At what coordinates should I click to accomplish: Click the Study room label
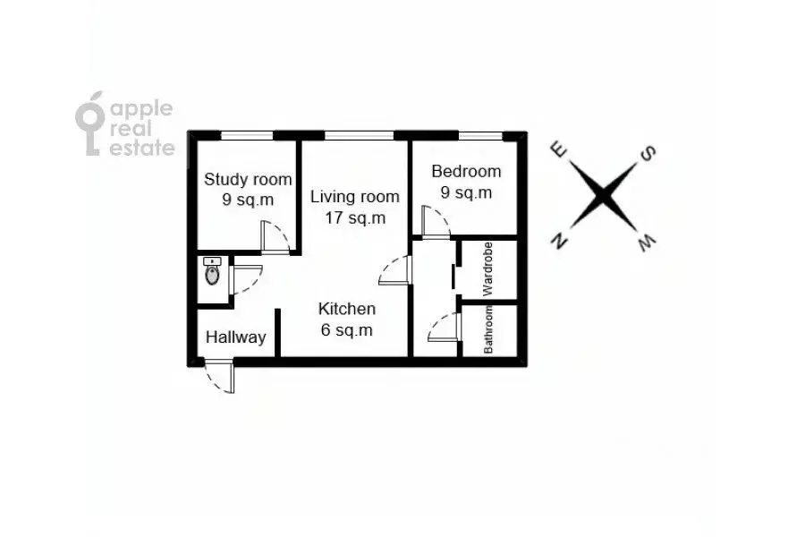[x=248, y=179]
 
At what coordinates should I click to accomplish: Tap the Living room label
[x=355, y=196]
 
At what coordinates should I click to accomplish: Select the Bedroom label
[x=466, y=171]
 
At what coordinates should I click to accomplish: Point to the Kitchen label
[x=347, y=309]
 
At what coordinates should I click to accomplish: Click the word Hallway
[x=235, y=337]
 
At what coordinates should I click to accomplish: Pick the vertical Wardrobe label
[x=487, y=269]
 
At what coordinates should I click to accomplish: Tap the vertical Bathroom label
[x=487, y=329]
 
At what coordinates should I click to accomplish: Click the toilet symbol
[x=212, y=271]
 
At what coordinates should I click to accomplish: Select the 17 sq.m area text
[x=355, y=217]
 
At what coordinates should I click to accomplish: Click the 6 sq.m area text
[x=346, y=330]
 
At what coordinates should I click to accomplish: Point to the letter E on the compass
[x=559, y=150]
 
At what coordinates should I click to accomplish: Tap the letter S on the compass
[x=648, y=153]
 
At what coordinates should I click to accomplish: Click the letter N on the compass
[x=559, y=241]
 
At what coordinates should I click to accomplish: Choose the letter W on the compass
[x=647, y=242]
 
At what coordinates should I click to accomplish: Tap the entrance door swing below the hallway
[x=220, y=376]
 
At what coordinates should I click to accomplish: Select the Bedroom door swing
[x=435, y=221]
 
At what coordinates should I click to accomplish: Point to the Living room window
[x=360, y=136]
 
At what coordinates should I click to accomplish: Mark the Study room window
[x=247, y=136]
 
